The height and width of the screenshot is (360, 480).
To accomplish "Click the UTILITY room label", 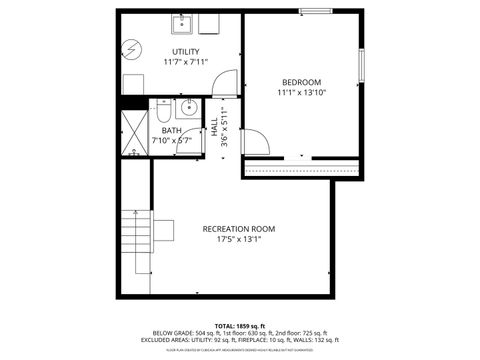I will [x=185, y=52].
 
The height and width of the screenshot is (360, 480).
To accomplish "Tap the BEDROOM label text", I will [x=301, y=82].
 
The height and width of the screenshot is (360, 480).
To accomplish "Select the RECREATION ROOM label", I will [x=238, y=229].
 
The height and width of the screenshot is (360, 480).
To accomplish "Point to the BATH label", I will [x=172, y=130].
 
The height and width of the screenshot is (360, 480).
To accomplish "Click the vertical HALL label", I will [x=215, y=129].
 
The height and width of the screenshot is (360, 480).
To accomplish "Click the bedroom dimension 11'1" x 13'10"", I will [x=301, y=93].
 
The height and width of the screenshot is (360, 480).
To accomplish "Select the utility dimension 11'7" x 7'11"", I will [x=185, y=63].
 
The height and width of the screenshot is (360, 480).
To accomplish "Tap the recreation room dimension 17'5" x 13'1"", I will [x=238, y=240].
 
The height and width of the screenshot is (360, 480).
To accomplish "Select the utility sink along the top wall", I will [x=182, y=25].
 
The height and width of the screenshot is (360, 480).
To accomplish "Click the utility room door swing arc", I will [x=227, y=82].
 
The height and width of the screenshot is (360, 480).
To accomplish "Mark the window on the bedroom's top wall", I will [x=316, y=12].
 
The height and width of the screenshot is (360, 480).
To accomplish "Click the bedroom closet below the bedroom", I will [x=301, y=168].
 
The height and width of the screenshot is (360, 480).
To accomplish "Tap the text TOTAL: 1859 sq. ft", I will [x=239, y=325].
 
